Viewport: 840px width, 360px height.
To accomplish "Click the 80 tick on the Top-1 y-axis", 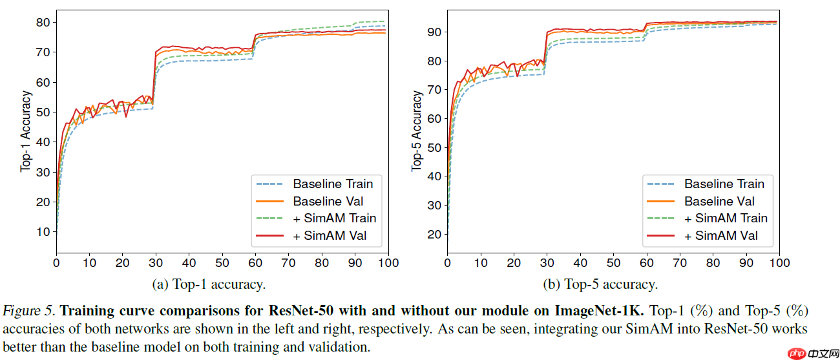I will point(43,22).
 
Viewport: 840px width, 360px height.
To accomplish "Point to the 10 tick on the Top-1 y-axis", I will point(43,231).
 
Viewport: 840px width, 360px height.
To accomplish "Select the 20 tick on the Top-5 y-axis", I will point(434,234).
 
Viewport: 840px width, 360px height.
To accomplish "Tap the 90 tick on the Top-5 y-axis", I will point(434,32).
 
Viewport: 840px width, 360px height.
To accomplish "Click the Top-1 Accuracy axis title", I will point(26,131).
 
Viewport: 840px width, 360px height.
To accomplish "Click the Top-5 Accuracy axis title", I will point(417,131).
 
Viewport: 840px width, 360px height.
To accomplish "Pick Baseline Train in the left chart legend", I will point(333,184).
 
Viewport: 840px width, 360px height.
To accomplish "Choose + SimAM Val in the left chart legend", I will point(330,236).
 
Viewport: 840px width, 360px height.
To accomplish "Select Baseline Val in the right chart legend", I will point(719,201).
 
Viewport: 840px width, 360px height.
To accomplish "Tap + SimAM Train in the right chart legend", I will point(726,218).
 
